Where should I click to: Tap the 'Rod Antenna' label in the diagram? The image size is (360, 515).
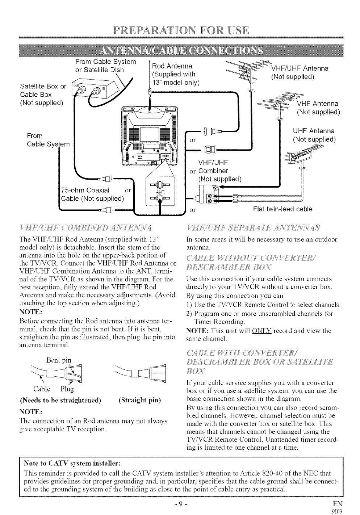(x=171, y=67)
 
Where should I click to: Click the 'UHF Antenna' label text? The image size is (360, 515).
(x=313, y=131)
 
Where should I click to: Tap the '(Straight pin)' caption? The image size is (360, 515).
(x=139, y=401)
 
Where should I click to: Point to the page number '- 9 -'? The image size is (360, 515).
(x=180, y=503)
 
